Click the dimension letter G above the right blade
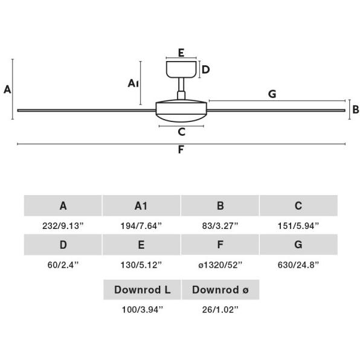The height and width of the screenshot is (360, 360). tap(272, 94)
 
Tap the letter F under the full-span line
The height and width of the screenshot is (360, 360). tap(181, 150)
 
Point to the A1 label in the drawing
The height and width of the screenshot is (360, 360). tap(133, 83)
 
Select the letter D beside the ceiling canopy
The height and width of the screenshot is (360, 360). tap(206, 69)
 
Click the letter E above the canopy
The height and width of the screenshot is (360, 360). tap(181, 53)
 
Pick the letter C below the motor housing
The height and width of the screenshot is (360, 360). tap(181, 132)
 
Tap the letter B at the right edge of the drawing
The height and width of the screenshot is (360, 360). tap(356, 109)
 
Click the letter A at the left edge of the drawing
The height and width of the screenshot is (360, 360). tap(7, 89)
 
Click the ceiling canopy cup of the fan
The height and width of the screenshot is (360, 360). tap(181, 69)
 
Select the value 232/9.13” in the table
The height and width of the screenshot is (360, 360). tap(63, 226)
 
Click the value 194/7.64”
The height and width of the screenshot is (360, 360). tap(141, 226)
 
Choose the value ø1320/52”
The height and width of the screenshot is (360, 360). tap(220, 265)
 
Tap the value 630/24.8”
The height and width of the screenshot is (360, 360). tap(298, 265)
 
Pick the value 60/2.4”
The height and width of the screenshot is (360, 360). tap(63, 265)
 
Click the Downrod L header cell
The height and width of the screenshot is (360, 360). tap(142, 289)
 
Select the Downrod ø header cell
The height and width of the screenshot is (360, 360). tap(220, 289)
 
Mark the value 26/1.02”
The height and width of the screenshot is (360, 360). tap(220, 310)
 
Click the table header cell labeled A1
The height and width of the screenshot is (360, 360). tap(141, 206)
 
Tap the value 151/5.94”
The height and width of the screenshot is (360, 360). tap(298, 226)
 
